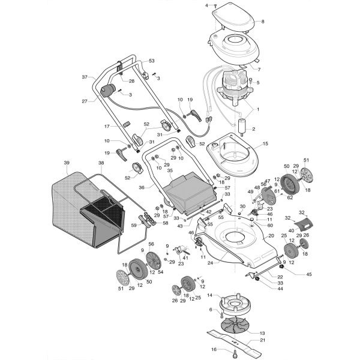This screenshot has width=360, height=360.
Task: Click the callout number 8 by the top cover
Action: point(262,22)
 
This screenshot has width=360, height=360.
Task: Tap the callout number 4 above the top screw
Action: point(207,5)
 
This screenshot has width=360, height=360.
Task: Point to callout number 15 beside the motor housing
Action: point(265,144)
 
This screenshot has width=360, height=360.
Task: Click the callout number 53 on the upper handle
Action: point(151,61)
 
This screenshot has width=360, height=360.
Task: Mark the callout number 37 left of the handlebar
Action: point(85,77)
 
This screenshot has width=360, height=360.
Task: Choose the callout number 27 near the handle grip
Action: point(85,101)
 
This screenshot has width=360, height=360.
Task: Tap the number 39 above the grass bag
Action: point(67,163)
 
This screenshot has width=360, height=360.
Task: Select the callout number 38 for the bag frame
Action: point(101,163)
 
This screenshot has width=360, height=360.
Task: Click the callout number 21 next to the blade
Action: point(262,340)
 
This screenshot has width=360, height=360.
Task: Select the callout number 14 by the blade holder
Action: point(210,296)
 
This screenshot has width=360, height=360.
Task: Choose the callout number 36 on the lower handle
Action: point(142,187)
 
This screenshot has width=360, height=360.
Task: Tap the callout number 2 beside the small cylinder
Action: point(253,129)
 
